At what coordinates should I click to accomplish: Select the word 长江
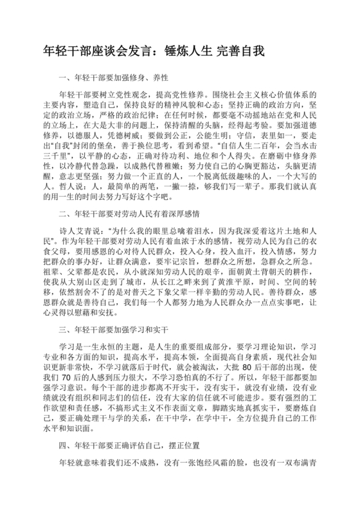pyautogui.click(x=184, y=301)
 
